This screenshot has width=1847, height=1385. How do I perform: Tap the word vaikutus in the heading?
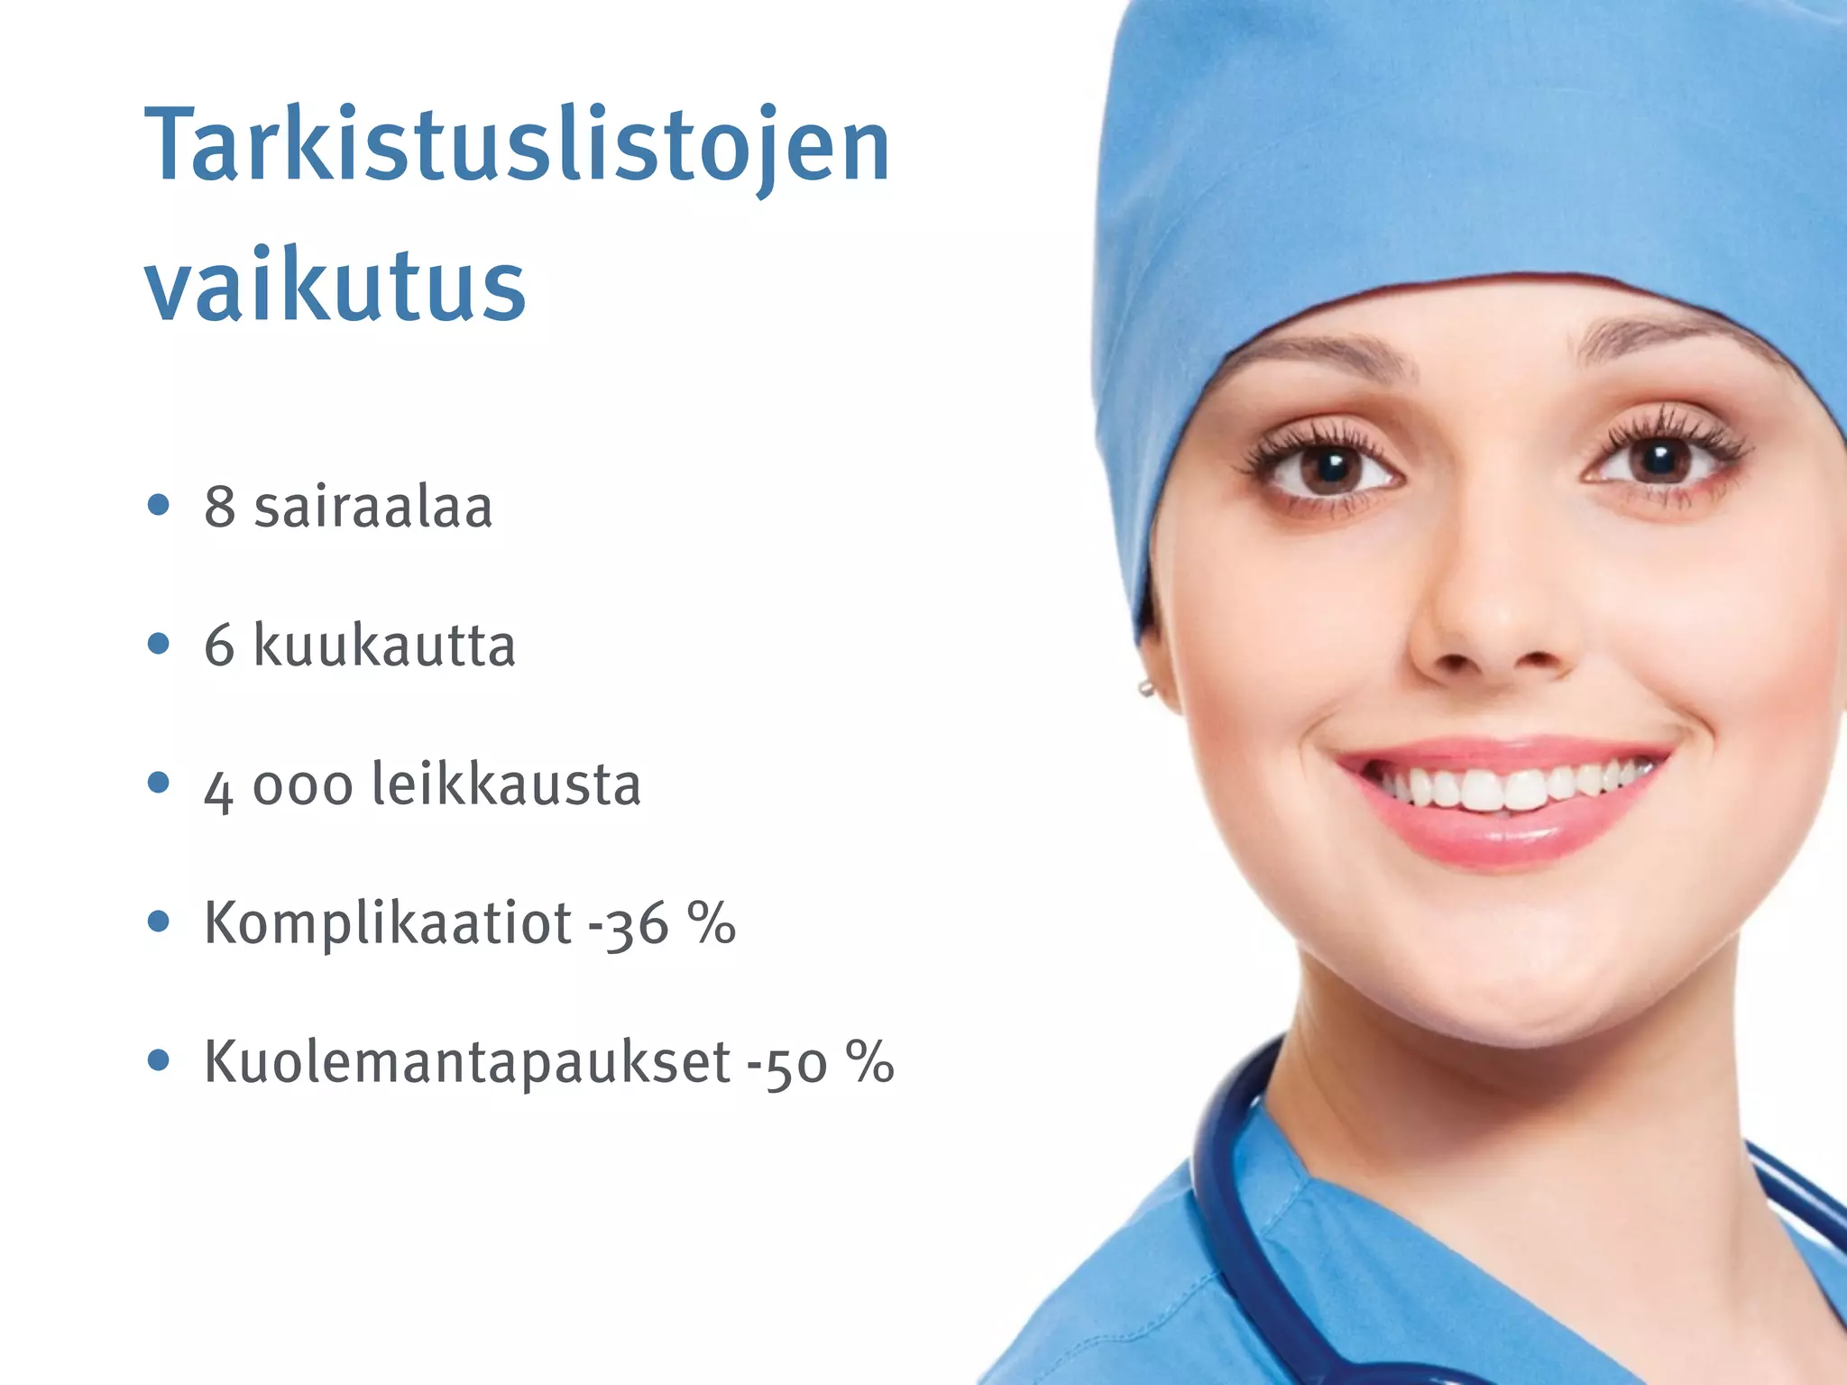click(x=335, y=284)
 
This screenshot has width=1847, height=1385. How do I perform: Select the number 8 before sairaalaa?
click(x=219, y=508)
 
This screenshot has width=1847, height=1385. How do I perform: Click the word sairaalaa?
click(x=373, y=507)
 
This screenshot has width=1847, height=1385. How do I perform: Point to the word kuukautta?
click(x=384, y=646)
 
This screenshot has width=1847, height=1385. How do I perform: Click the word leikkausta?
click(x=506, y=784)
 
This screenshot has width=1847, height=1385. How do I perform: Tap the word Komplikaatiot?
click(x=388, y=923)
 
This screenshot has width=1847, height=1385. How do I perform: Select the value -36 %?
click(x=662, y=924)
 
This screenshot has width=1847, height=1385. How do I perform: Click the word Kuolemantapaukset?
click(x=467, y=1062)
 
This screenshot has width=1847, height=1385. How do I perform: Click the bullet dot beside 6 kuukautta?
click(x=159, y=645)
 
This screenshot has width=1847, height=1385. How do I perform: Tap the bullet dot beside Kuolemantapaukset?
click(x=159, y=1061)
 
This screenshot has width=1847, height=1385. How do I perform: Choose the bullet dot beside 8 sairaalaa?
click(x=159, y=506)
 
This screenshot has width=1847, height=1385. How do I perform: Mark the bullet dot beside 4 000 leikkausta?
click(x=159, y=784)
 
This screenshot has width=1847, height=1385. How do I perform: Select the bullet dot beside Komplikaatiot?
click(x=159, y=922)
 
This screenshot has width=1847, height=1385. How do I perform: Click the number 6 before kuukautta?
click(x=219, y=647)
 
